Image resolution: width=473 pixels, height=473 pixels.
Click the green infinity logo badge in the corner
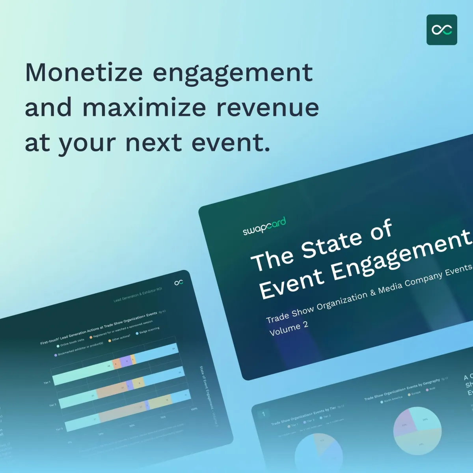pos(441,30)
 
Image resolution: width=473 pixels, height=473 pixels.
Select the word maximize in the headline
pos(144,107)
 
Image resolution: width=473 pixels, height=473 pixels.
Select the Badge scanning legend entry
pos(147,330)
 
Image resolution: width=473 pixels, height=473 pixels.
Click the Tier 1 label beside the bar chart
pos(47,382)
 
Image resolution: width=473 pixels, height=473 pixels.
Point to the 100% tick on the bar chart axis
pos(194,409)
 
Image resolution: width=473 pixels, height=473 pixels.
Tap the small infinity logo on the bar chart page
pos(179,282)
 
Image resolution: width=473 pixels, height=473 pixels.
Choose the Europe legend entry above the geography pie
pos(414,394)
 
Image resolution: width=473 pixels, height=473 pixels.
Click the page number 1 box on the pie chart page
pos(263,414)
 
